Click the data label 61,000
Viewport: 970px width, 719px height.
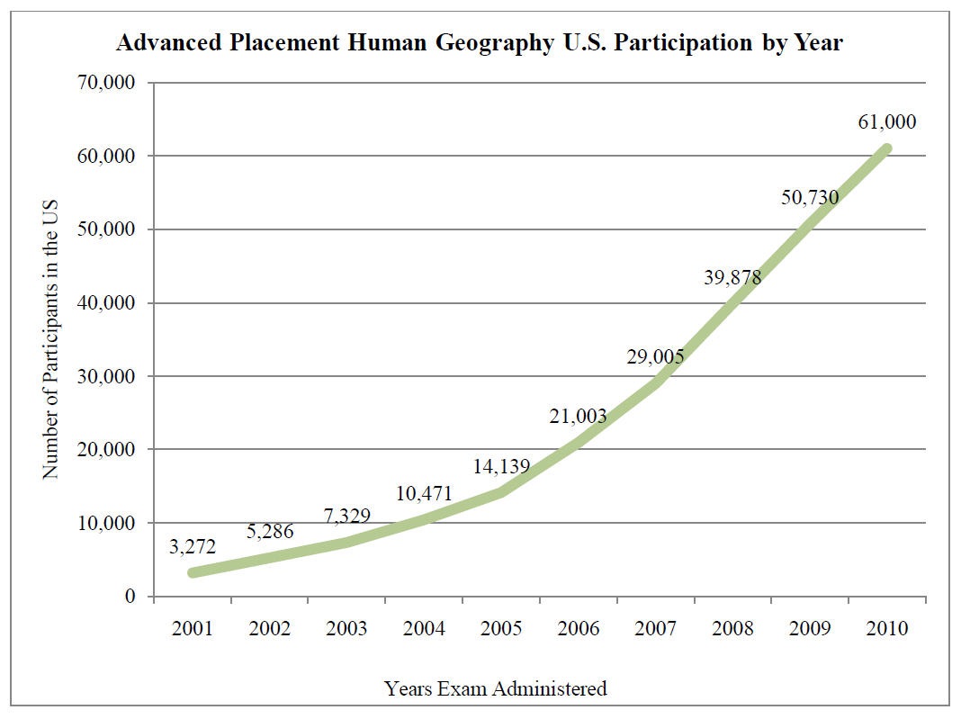coord(886,121)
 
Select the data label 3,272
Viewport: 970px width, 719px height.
coord(193,546)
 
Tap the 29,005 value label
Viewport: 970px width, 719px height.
coord(655,356)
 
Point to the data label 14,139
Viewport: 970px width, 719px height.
coord(501,466)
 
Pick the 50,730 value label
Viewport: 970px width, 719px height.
coord(810,197)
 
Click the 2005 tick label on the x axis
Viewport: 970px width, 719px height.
coord(501,628)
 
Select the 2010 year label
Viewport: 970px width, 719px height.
coord(886,628)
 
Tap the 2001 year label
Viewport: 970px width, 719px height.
coord(193,628)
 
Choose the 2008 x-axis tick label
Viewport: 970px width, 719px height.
coord(732,628)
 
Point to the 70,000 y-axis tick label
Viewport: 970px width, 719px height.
coord(106,82)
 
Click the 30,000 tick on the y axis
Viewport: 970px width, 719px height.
coord(106,376)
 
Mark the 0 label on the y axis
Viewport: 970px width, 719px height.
coord(130,596)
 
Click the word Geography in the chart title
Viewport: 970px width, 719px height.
coord(494,43)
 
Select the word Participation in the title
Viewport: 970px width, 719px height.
coord(683,43)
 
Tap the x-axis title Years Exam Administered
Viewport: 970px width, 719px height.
coord(496,688)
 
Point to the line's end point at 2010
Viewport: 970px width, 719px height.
coord(886,148)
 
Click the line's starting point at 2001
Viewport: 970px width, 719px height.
coord(193,572)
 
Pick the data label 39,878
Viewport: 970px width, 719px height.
coord(732,276)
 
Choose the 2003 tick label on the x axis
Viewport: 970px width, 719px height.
coord(346,628)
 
